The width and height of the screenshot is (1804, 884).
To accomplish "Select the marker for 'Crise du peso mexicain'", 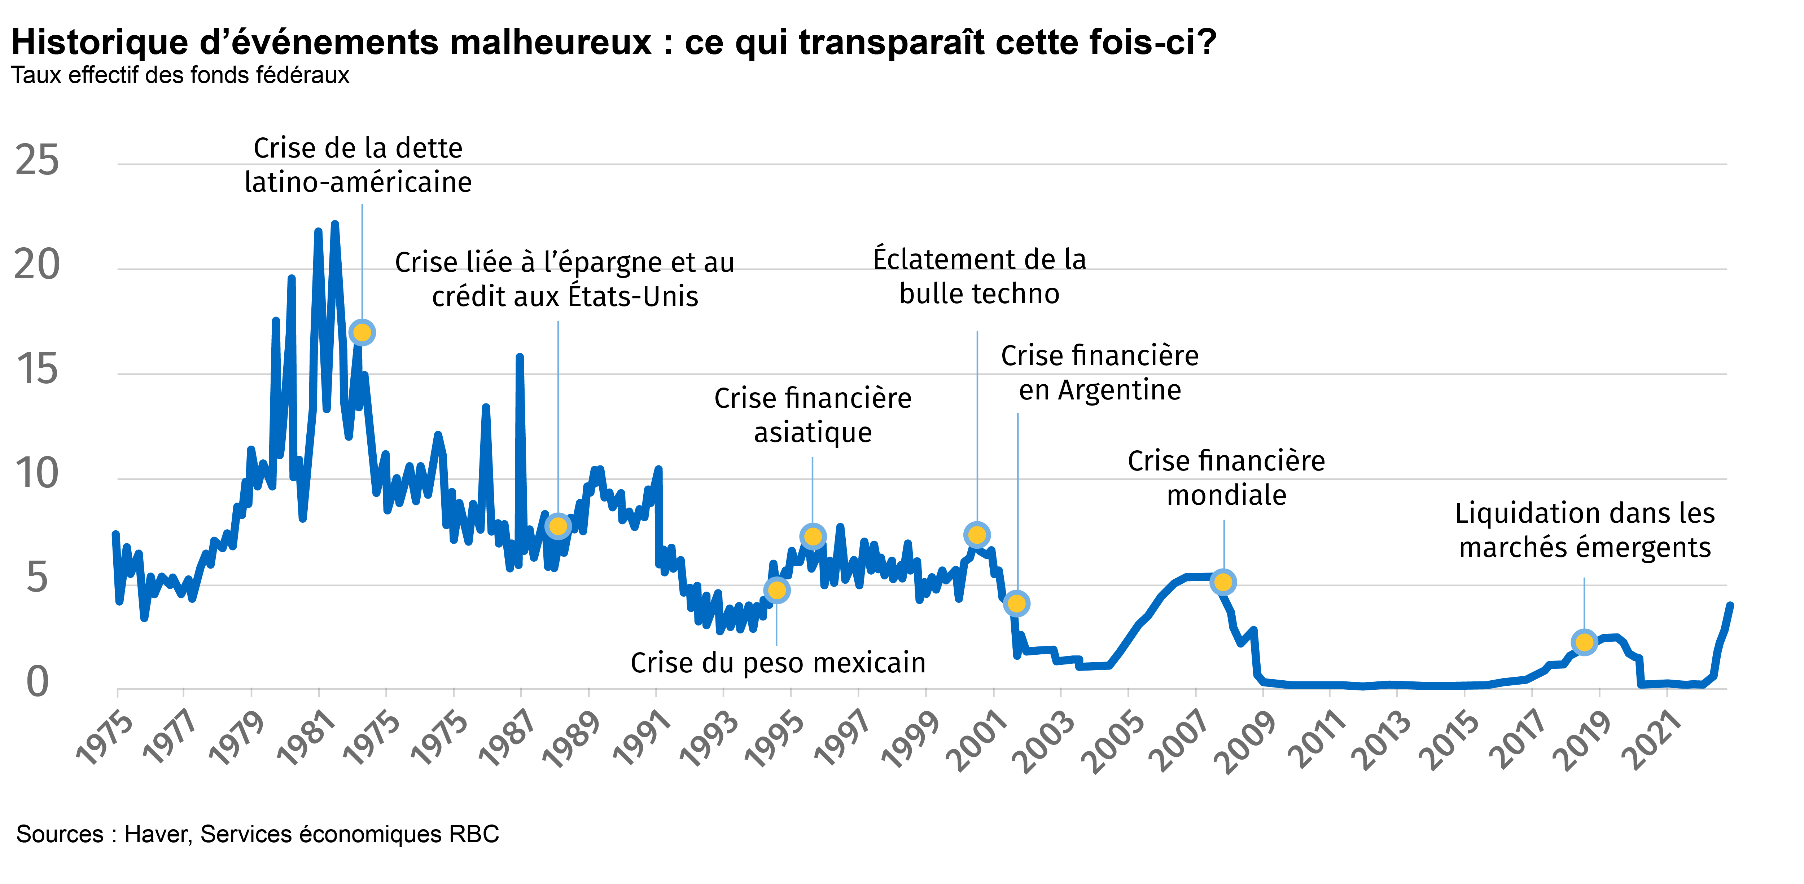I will [777, 590].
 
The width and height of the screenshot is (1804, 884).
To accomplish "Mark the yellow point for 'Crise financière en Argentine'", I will [1016, 603].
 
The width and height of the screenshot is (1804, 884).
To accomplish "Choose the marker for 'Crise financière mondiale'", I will [1223, 582].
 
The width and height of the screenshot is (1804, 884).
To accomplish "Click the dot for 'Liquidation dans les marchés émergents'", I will [1584, 642].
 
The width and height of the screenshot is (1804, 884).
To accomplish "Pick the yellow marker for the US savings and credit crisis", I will [558, 526].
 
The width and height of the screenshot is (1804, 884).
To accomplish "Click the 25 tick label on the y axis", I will [37, 161].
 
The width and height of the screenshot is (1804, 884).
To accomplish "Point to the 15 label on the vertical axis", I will [37, 370].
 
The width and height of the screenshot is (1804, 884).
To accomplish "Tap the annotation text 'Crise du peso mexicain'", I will [778, 663].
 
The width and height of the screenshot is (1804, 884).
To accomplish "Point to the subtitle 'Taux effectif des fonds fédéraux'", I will [180, 75].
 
